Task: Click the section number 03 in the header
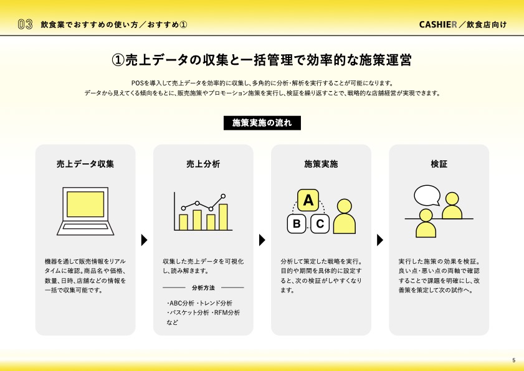click(25, 24)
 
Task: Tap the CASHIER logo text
click(438, 24)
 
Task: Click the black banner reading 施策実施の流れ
click(262, 123)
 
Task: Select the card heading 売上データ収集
click(85, 164)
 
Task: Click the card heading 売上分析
click(203, 164)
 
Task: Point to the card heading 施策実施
click(321, 164)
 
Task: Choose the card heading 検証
click(439, 164)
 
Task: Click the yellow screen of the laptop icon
click(85, 205)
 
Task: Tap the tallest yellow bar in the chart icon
click(223, 217)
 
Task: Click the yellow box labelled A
click(308, 200)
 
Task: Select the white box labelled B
click(297, 223)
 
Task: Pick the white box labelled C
click(320, 223)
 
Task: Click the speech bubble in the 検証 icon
click(427, 195)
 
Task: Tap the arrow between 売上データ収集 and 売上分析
click(144, 240)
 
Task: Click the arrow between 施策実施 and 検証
click(380, 240)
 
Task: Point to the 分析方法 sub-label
click(203, 287)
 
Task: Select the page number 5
click(513, 360)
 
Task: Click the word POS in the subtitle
click(137, 83)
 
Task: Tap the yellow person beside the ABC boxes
click(345, 216)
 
